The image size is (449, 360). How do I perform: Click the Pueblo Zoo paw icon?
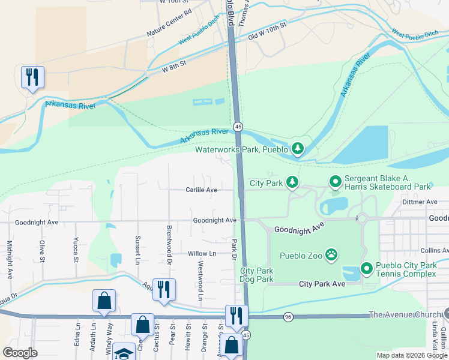pos(331,256)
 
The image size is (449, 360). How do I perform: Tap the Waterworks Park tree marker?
pos(297,148)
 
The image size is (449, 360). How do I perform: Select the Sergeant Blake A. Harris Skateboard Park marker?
pos(334,181)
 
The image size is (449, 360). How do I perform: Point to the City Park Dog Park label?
pos(256,275)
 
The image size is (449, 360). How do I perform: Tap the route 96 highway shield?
pos(289,316)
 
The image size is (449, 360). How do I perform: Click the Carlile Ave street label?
pos(200,190)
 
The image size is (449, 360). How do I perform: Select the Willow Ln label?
pos(201,254)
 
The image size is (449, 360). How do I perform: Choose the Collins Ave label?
pos(434,250)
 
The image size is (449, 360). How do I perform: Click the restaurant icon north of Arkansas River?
pos(32,77)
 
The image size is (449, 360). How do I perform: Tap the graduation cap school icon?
pos(124,354)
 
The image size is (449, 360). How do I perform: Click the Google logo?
pos(20,353)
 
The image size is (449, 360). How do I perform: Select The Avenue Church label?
pos(405,314)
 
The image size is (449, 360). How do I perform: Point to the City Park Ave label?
pos(322,283)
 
